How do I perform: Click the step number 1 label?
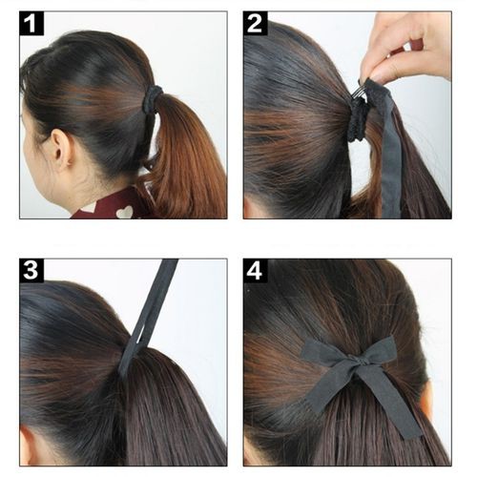click(31, 23)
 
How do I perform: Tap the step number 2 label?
click(256, 23)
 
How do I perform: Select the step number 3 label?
click(31, 271)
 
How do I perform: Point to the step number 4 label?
click(256, 271)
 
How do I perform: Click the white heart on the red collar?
click(125, 212)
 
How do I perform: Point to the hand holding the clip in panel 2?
click(407, 48)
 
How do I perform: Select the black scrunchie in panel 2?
click(359, 120)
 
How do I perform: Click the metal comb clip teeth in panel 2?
click(359, 93)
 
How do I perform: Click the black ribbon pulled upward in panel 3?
click(147, 318)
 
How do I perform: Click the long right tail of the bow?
click(393, 403)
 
